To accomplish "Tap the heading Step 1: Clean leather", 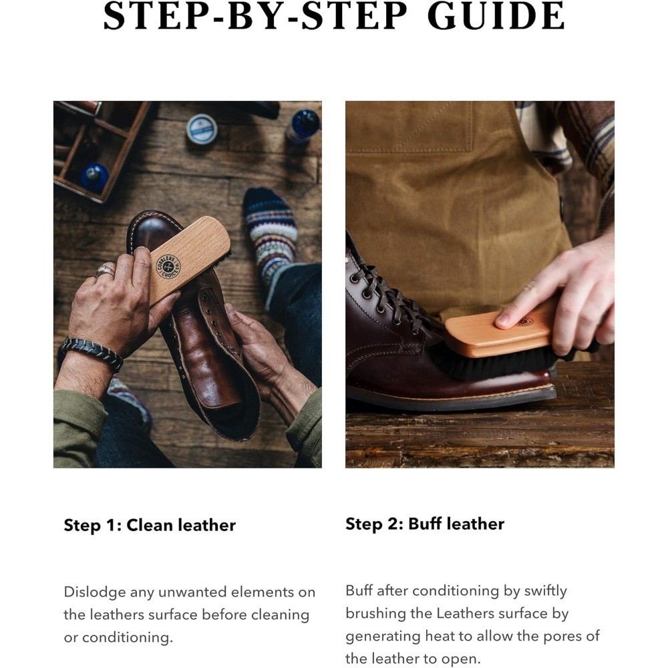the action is [x=150, y=525].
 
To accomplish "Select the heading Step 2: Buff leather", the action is [x=425, y=524].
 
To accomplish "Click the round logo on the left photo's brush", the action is [x=168, y=267].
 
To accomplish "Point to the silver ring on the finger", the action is [x=106, y=270].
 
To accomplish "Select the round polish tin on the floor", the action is [x=202, y=129].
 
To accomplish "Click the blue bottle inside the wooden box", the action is [x=95, y=177].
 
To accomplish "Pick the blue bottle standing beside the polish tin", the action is [x=303, y=126].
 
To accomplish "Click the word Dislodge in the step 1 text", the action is [x=95, y=592].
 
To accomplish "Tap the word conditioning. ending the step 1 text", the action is [x=128, y=638].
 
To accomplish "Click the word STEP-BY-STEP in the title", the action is [x=255, y=16].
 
